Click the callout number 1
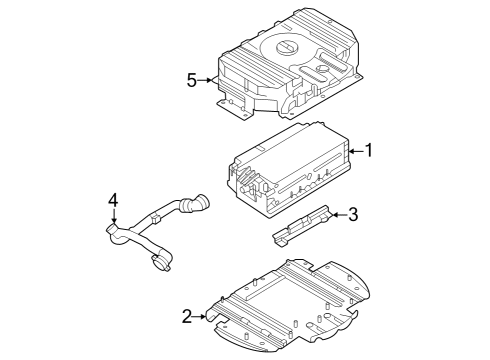tap(369, 150)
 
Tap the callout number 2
tap(186, 317)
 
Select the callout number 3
tap(353, 213)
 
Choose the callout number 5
tap(191, 79)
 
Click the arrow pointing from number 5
tap(208, 79)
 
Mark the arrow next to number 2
tap(203, 317)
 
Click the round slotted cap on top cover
tap(283, 47)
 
